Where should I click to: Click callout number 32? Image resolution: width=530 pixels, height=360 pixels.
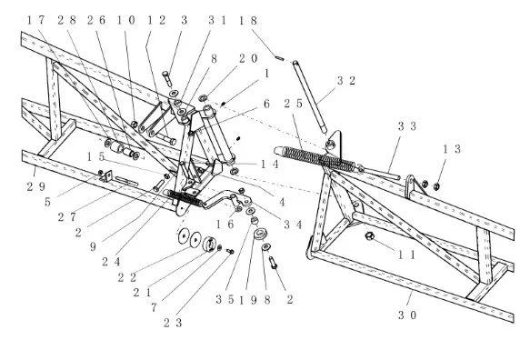[x=346, y=80]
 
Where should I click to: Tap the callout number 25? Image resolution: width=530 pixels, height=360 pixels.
[x=294, y=104]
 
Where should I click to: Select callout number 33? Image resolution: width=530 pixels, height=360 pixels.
[x=407, y=126]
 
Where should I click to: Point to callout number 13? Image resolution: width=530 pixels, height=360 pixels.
[x=452, y=149]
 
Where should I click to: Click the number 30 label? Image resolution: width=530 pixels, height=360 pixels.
[x=407, y=315]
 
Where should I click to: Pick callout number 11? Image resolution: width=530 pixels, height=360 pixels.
[x=406, y=255]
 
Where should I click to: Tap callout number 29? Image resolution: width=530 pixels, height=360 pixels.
[x=36, y=186]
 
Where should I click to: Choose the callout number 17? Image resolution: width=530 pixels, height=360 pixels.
[x=35, y=20]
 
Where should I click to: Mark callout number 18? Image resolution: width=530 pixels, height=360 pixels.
[x=248, y=21]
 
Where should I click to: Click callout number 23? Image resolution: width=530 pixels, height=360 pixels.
[x=173, y=323]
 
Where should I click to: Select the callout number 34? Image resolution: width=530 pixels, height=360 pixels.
[x=293, y=225]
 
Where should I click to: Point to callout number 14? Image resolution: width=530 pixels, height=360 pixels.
[x=270, y=165]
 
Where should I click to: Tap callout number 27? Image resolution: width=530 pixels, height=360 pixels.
[x=67, y=216]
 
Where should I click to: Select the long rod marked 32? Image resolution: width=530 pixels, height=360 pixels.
[x=310, y=97]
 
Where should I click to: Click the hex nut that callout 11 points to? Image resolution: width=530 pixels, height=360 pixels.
[x=369, y=235]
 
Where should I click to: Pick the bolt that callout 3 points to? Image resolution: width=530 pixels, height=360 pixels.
[x=167, y=79]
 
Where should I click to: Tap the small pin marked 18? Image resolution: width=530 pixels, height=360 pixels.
[x=279, y=58]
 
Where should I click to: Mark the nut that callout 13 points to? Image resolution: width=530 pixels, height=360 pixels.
[x=436, y=186]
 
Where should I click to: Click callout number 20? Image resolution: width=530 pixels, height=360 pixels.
[x=248, y=58]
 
